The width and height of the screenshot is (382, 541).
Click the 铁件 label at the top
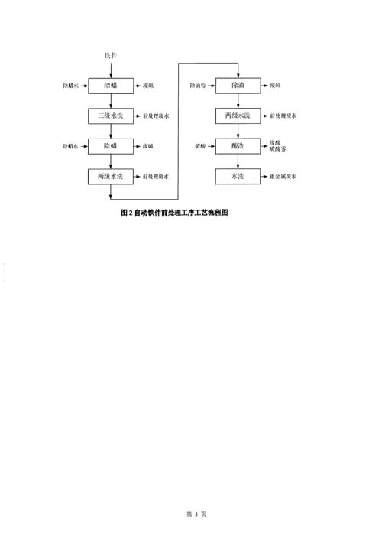pos(111,55)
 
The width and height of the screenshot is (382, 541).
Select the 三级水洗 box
pos(111,116)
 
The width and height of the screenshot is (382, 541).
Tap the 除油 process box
pos(238,86)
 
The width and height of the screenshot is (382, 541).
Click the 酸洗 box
pos(238,146)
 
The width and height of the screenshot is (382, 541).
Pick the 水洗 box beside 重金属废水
pos(238,176)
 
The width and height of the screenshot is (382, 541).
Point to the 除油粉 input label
pos(198,86)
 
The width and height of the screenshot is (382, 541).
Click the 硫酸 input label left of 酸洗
pos(200,146)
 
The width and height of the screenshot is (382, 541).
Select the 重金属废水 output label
pos(283,176)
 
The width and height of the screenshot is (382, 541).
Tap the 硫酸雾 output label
pos(277,149)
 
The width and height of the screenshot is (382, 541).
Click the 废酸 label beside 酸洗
pos(275,143)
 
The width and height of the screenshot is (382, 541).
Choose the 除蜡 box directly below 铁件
pos(111,86)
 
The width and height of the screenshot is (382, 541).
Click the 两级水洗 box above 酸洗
pos(238,116)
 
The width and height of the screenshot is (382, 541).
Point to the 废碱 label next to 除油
pos(275,86)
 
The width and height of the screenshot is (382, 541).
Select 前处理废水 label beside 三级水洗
pos(156,116)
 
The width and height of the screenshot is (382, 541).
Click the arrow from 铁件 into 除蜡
pos(111,70)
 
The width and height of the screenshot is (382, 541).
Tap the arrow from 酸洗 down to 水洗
pos(238,161)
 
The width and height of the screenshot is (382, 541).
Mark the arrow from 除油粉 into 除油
pos(211,86)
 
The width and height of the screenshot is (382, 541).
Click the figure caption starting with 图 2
pos(174,213)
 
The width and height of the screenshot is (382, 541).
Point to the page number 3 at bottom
pos(196,514)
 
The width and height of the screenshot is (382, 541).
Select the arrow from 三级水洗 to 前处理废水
pos(138,116)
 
